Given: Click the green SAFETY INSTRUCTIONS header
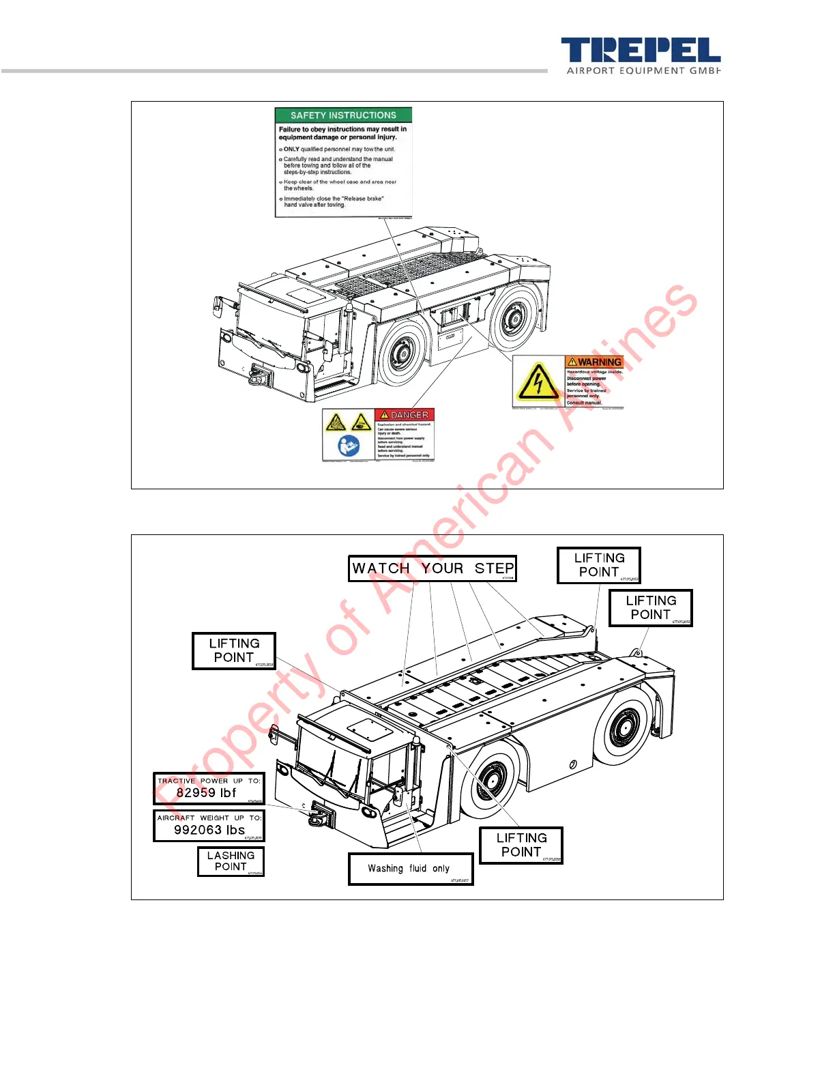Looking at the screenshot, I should (343, 115).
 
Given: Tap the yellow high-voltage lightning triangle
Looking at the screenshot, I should (538, 381).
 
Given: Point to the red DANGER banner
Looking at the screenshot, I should (405, 415).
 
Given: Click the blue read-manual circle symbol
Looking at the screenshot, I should (349, 446).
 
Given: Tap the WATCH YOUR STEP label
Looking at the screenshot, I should (433, 568).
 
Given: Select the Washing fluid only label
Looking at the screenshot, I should (410, 868).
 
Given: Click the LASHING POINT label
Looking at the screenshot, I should (231, 861).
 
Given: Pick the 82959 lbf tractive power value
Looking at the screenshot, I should (206, 793).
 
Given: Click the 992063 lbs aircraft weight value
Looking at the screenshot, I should (209, 830).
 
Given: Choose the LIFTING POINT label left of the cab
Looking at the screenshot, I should (234, 650).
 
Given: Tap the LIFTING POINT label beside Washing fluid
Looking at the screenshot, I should (521, 845).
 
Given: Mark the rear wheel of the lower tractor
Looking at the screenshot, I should (622, 727).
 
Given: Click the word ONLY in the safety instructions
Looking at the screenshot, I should (291, 149).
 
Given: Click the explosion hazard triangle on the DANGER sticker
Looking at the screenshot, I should (336, 423).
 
